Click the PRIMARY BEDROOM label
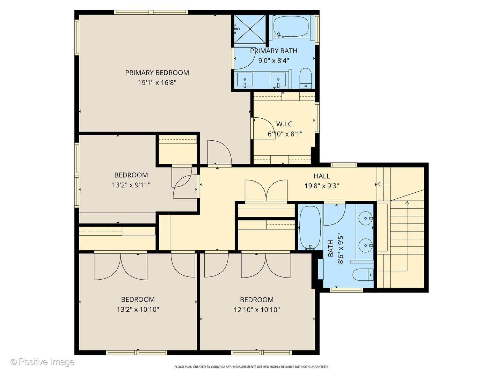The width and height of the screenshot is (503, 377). pos(157,73)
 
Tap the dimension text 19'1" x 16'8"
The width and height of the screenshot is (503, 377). pos(157,83)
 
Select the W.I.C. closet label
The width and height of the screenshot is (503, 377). pos(285,124)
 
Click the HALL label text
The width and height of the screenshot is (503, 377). pos(321,176)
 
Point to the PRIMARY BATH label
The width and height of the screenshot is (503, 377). pos(274,51)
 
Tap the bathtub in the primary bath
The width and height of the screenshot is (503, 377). pos(291,27)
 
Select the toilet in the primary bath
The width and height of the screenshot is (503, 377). pos(306,78)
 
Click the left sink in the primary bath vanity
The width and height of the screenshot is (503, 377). pos(245,80)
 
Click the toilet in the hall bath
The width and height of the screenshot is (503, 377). pos(363,275)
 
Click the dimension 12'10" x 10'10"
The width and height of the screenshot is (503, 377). pos(257,310)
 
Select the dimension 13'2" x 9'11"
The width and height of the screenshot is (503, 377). pos(131,185)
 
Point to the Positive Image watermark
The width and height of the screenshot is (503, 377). pos(42,362)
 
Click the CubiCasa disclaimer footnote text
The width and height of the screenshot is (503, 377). pos(251,367)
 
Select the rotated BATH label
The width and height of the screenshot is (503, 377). pos(330,248)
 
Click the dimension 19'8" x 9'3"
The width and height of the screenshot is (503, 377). pos(321,186)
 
